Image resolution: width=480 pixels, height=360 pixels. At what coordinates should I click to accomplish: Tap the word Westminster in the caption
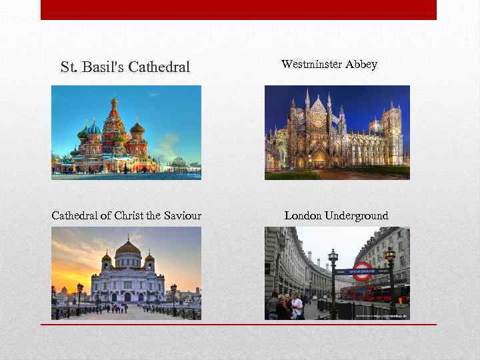coord(312,65)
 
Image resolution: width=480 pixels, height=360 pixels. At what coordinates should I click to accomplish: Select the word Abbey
coord(361,65)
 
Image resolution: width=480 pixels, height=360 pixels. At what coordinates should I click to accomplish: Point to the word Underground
coord(355,215)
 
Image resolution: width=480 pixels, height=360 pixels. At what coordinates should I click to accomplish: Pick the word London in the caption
coord(302,215)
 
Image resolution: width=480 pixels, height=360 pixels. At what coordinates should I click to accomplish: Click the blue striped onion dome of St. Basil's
coord(94,127)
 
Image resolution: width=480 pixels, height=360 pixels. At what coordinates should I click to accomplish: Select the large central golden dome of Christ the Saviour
coord(128,247)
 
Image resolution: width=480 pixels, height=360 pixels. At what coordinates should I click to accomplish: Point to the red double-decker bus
coord(377,291)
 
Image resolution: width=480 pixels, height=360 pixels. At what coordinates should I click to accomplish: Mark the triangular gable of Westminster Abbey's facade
coord(317,107)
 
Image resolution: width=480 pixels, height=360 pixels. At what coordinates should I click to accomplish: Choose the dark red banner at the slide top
coord(239,9)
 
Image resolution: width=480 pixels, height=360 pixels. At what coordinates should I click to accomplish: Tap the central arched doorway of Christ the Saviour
coord(127,297)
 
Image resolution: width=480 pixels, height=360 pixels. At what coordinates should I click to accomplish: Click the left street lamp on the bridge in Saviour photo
coord(81,293)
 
